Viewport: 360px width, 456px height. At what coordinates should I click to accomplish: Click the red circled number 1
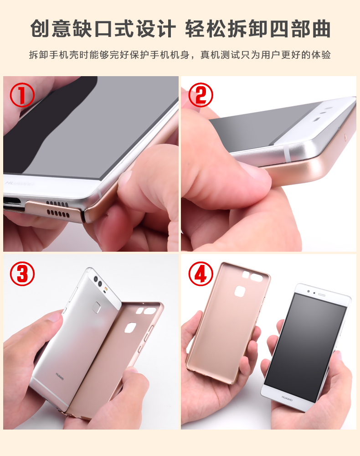[x=22, y=95]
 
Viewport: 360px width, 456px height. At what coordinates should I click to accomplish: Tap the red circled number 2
[x=201, y=95]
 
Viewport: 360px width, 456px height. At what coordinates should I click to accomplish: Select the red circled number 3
[x=22, y=274]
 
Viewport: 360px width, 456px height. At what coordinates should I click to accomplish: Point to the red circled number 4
[x=201, y=274]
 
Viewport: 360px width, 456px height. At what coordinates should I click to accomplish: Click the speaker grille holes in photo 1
[x=58, y=209]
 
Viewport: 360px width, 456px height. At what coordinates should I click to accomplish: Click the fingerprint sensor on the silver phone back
[x=97, y=307]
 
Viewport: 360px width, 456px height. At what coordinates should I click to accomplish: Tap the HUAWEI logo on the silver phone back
[x=60, y=376]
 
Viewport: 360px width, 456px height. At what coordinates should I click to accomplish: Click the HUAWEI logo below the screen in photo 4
[x=287, y=398]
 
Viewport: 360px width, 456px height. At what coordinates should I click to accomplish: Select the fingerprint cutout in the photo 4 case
[x=240, y=291]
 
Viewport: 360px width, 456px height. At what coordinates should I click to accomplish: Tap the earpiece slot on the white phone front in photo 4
[x=322, y=295]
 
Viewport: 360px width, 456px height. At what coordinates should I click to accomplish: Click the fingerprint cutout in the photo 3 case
[x=130, y=327]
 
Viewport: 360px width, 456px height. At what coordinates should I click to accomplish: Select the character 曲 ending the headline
[x=321, y=28]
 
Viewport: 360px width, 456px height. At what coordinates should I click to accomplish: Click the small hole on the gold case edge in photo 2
[x=345, y=136]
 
